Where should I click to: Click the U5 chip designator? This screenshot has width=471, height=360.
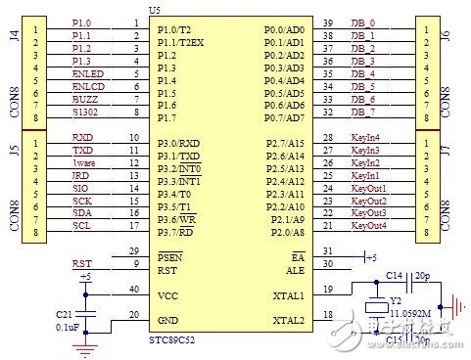155,9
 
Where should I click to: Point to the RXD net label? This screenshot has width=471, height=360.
82,138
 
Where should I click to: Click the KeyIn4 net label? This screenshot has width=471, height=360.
365,138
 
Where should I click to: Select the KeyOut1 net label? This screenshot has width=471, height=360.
368,188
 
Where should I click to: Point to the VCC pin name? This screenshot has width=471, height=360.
168,295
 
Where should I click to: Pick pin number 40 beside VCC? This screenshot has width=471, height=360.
133,290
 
